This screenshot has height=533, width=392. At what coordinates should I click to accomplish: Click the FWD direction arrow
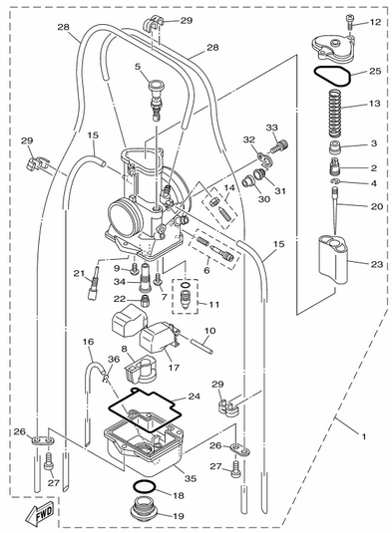tap(41, 513)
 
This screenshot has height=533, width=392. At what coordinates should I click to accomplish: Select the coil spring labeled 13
tap(335, 114)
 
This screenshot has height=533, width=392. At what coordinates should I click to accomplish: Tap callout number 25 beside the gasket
tap(375, 72)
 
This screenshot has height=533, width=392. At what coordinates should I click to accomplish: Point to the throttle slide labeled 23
tap(333, 259)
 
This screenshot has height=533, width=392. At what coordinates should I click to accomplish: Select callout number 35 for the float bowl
tap(191, 478)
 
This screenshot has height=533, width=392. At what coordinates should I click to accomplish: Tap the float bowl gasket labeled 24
tap(145, 409)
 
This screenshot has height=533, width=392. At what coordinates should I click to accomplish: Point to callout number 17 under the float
tap(174, 368)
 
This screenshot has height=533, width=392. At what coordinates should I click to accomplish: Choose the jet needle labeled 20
tap(336, 211)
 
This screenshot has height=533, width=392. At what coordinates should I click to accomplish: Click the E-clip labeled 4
tap(335, 181)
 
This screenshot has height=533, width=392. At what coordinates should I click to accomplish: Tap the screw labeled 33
tap(279, 146)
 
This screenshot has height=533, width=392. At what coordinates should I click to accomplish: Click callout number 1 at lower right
tap(364, 436)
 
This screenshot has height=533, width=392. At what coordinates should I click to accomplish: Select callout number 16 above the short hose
tap(88, 342)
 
